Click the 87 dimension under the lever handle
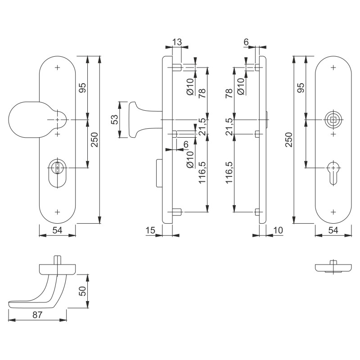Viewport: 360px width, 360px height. pos(37,315)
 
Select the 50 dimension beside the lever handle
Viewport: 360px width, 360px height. pos(82,291)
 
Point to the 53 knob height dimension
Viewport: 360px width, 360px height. pos(115,119)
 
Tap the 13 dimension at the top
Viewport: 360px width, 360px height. pos(177,42)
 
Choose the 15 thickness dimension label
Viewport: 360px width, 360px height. pos(150,230)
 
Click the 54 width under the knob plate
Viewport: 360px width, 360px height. pos(58,230)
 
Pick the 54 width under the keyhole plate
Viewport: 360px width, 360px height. pos(333,230)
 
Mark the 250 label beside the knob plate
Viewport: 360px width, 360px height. pos(94,139)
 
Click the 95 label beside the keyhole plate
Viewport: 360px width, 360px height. pos(301,87)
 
